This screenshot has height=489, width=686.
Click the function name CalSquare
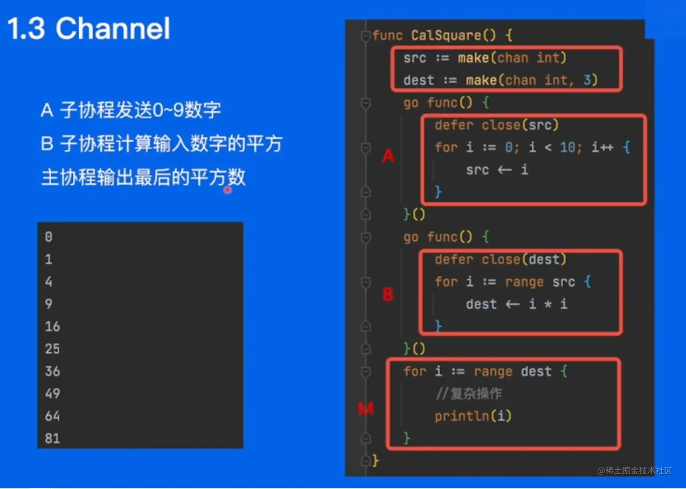pyautogui.click(x=446, y=35)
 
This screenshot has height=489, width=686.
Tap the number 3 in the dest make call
pyautogui.click(x=587, y=80)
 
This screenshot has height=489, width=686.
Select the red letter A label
pyautogui.click(x=388, y=156)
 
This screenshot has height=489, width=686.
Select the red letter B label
pyautogui.click(x=388, y=294)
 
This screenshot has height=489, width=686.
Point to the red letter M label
pyautogui.click(x=366, y=408)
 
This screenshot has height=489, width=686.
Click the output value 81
pyautogui.click(x=52, y=438)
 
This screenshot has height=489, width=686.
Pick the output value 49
pyautogui.click(x=52, y=393)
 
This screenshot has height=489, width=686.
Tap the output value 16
pyautogui.click(x=52, y=326)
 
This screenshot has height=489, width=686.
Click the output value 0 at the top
pyautogui.click(x=49, y=237)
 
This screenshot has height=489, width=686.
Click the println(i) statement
pyautogui.click(x=473, y=416)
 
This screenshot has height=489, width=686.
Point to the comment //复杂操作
pyautogui.click(x=469, y=394)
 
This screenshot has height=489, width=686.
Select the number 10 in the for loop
pyautogui.click(x=568, y=147)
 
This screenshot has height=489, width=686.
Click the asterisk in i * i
pyautogui.click(x=548, y=304)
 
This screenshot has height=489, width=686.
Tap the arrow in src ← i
pyautogui.click(x=505, y=170)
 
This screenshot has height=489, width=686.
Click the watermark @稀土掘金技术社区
pyautogui.click(x=635, y=471)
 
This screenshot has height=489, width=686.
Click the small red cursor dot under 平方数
pyautogui.click(x=228, y=190)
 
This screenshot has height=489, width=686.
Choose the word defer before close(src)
pyautogui.click(x=454, y=125)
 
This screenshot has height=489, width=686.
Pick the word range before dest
pyautogui.click(x=493, y=372)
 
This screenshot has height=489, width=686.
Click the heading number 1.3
pyautogui.click(x=26, y=28)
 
